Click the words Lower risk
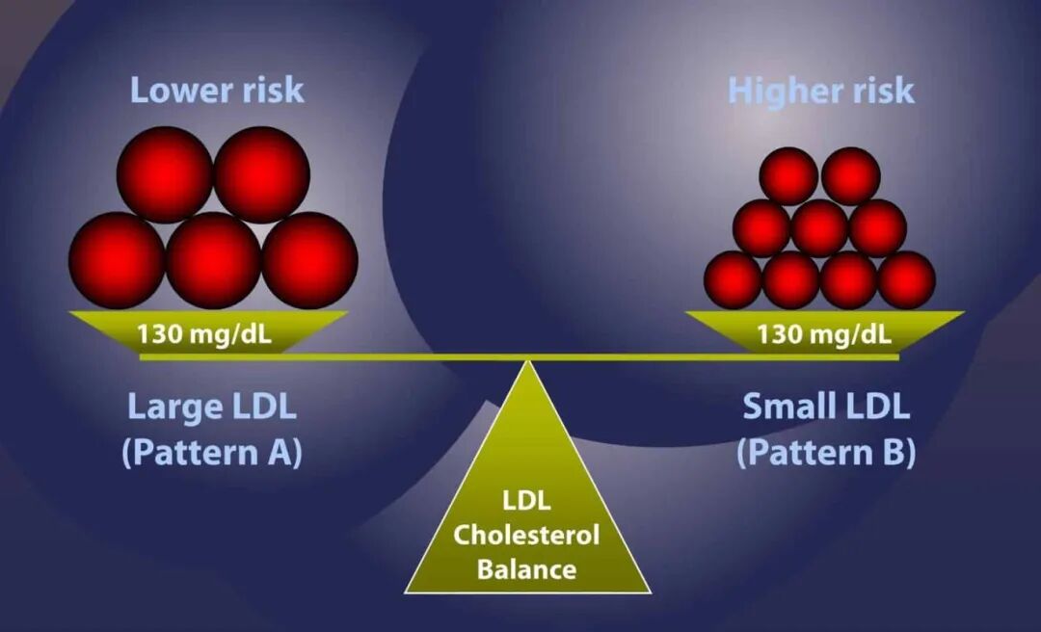[x=217, y=91]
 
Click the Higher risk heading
[x=821, y=91]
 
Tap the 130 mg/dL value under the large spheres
[x=204, y=333]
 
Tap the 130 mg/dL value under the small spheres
[x=824, y=333]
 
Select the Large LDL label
[x=212, y=407]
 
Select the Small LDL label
[x=826, y=407]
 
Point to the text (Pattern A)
[x=212, y=453]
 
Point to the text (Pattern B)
[x=827, y=453]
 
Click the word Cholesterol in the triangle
[x=526, y=535]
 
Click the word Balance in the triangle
[x=527, y=569]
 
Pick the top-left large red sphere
[x=165, y=174]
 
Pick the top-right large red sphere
[x=261, y=174]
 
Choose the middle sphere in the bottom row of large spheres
[x=213, y=260]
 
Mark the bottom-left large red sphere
[x=117, y=260]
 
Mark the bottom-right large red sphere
[x=310, y=260]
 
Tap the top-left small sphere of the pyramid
[x=788, y=176]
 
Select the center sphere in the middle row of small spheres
[x=820, y=227]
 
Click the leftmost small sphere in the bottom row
[x=733, y=280]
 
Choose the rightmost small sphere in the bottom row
[x=907, y=280]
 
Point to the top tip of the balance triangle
[x=528, y=361]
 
